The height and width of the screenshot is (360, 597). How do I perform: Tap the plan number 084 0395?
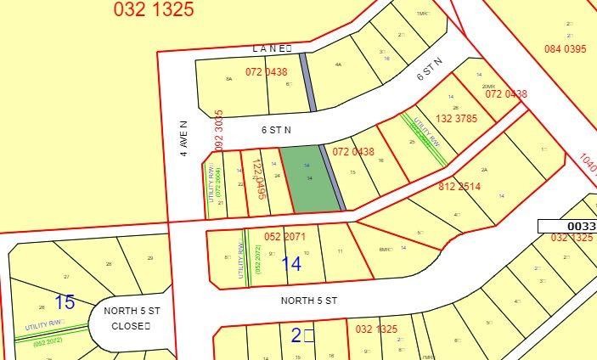coord(565,48)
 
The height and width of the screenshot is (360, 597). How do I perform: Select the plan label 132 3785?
coord(457,119)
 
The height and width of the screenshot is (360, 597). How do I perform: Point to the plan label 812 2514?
coord(459,187)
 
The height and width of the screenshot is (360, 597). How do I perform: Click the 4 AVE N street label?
coord(183,138)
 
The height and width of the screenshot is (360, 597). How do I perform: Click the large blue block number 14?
coord(290,264)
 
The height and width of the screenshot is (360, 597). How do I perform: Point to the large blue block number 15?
coord(65,301)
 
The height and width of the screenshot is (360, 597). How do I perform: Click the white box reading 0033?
coord(567,226)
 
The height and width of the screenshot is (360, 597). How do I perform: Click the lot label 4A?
coord(338,65)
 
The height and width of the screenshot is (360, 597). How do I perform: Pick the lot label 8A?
coord(228,79)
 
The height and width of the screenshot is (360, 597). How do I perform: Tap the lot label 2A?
coord(484,170)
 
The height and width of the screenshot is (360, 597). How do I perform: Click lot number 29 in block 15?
coord(150,257)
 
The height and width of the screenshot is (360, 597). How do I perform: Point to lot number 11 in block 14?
coord(339,252)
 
